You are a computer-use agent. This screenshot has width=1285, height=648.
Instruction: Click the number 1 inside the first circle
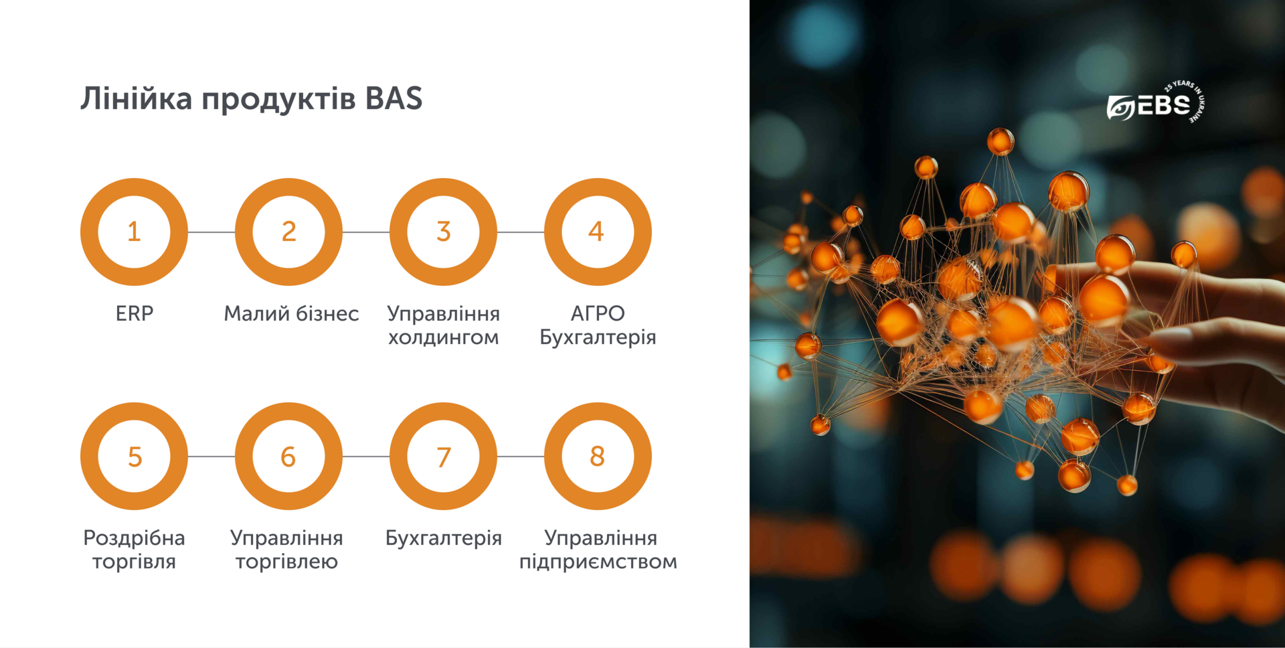click(x=134, y=232)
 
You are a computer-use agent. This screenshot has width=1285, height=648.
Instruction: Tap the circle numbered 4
click(x=597, y=232)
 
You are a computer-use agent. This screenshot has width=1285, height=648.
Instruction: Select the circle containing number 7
click(x=443, y=457)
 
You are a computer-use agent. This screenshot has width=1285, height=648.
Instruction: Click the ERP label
click(x=135, y=313)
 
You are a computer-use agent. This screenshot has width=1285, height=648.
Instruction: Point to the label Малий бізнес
click(x=291, y=313)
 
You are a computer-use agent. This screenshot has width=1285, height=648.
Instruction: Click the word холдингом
click(x=443, y=337)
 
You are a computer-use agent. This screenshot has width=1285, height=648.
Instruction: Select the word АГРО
click(x=598, y=313)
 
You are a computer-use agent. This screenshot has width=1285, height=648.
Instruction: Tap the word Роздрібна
click(x=134, y=538)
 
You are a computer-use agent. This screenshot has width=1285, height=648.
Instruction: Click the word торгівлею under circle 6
click(x=286, y=561)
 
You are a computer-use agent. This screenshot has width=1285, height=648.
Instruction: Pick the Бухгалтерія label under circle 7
click(x=443, y=538)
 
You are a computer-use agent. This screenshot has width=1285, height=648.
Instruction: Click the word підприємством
click(x=598, y=561)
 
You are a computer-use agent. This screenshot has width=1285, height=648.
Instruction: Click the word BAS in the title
click(x=394, y=98)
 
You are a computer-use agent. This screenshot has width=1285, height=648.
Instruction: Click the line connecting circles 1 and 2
click(x=211, y=232)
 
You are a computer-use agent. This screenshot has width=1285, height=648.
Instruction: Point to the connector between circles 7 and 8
click(x=520, y=457)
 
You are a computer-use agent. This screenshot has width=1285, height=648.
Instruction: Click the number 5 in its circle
click(x=135, y=457)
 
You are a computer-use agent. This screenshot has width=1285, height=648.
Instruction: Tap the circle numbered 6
click(x=288, y=457)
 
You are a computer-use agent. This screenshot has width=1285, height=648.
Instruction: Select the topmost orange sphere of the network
click(x=1001, y=141)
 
